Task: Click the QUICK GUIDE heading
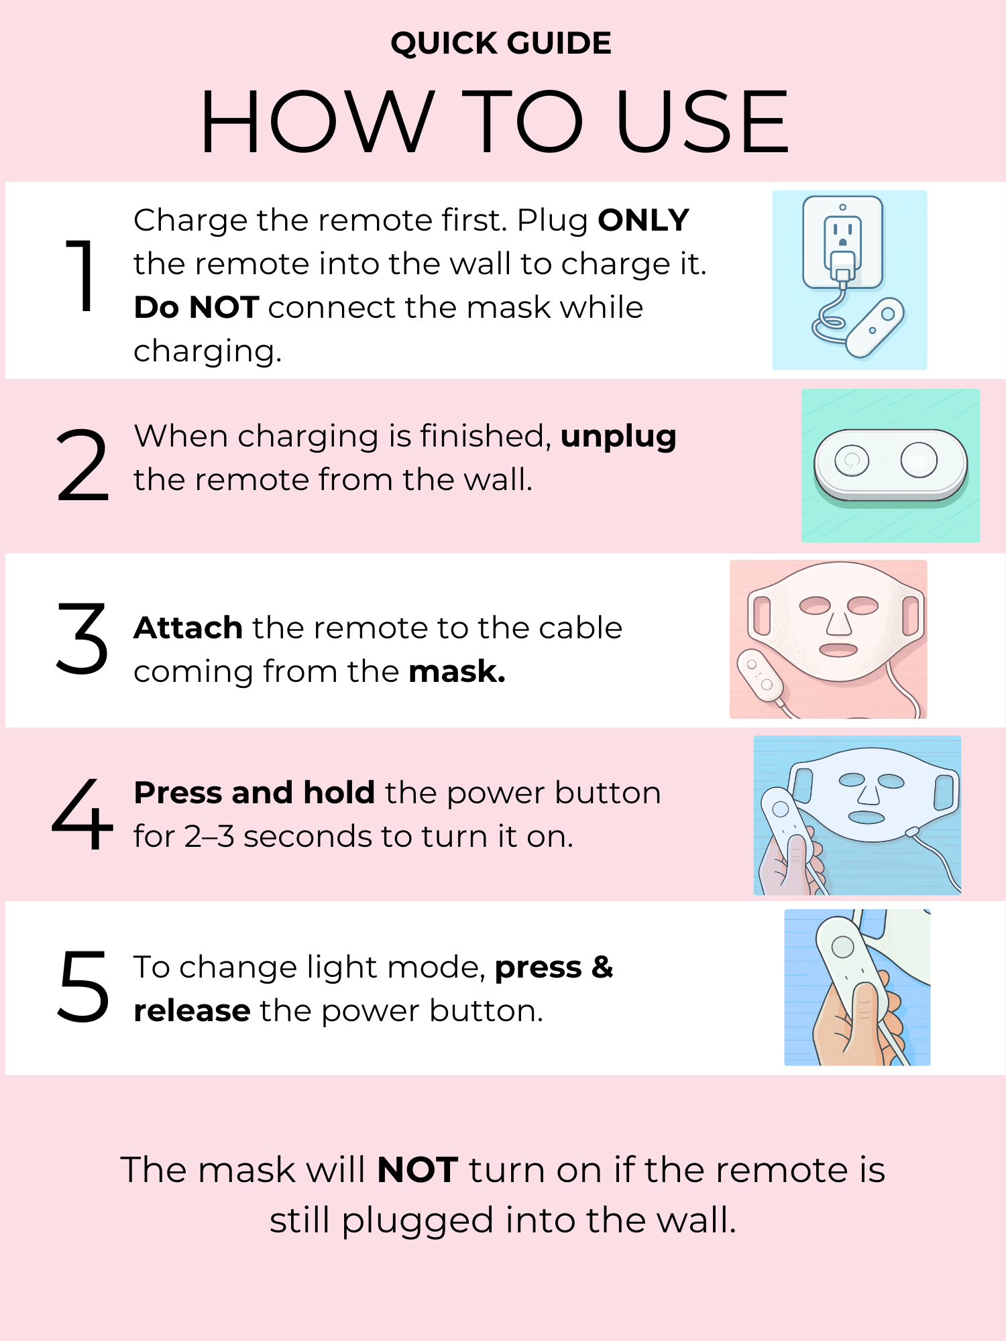pyautogui.click(x=501, y=44)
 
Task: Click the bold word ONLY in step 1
pyautogui.click(x=643, y=220)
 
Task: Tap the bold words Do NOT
pyautogui.click(x=196, y=307)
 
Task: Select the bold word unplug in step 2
pyautogui.click(x=618, y=436)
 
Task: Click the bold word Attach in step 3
pyautogui.click(x=188, y=628)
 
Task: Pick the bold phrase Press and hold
pyautogui.click(x=254, y=793)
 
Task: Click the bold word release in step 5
pyautogui.click(x=192, y=1010)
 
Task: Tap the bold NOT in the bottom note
pyautogui.click(x=417, y=1170)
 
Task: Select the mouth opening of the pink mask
pyautogui.click(x=838, y=650)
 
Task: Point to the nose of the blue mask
pyautogui.click(x=869, y=795)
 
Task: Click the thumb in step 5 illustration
pyautogui.click(x=865, y=1006)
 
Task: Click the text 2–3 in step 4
pyautogui.click(x=209, y=837)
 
